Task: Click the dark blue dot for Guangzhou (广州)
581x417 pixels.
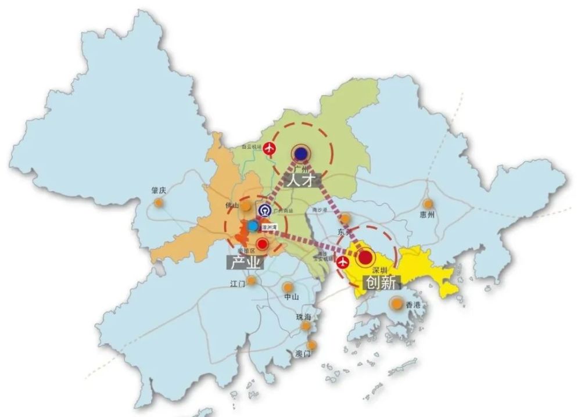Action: [300, 153]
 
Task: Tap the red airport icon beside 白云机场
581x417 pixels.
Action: [269, 149]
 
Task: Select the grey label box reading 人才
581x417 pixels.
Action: [300, 179]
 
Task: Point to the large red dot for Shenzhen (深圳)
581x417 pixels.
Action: [365, 257]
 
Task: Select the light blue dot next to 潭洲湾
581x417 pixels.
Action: [253, 225]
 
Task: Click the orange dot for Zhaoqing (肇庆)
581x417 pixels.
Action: [158, 203]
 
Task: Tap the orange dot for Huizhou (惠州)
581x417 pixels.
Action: [428, 204]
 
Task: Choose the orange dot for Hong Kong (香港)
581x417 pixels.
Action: [396, 303]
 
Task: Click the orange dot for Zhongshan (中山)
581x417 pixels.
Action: [288, 287]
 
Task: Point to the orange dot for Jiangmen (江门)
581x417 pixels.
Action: [251, 281]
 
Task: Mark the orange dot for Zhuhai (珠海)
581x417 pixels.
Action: [306, 326]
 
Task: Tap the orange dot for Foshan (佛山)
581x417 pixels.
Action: [246, 206]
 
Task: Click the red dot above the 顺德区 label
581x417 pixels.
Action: [263, 243]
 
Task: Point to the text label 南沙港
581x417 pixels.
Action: [321, 210]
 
